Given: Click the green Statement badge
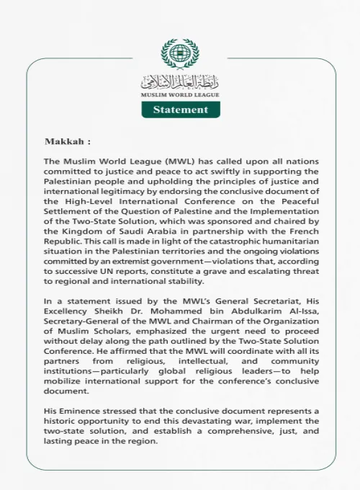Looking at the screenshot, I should (x=180, y=110).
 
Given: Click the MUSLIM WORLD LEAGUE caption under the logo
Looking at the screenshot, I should (x=180, y=95).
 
